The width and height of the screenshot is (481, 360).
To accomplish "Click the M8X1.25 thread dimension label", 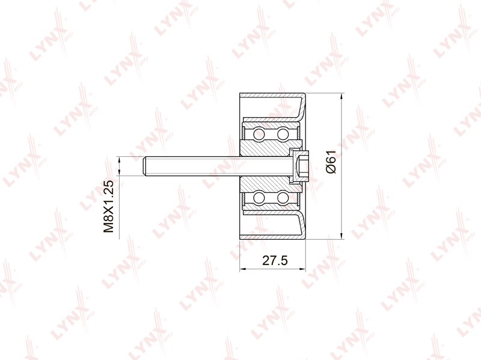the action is coord(109,206).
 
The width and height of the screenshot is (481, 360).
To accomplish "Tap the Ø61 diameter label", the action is coord(332,162).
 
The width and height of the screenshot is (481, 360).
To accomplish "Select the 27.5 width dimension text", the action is coord(275,260).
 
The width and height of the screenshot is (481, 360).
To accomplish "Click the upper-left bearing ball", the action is coord(259,134).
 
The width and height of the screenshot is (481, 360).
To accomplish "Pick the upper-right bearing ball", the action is coord(283,134).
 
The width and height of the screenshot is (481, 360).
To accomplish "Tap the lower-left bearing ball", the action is coord(259,198).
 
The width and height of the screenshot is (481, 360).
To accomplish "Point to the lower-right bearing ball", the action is coord(283,198).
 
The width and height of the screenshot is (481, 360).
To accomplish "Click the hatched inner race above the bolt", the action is coord(265,148).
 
